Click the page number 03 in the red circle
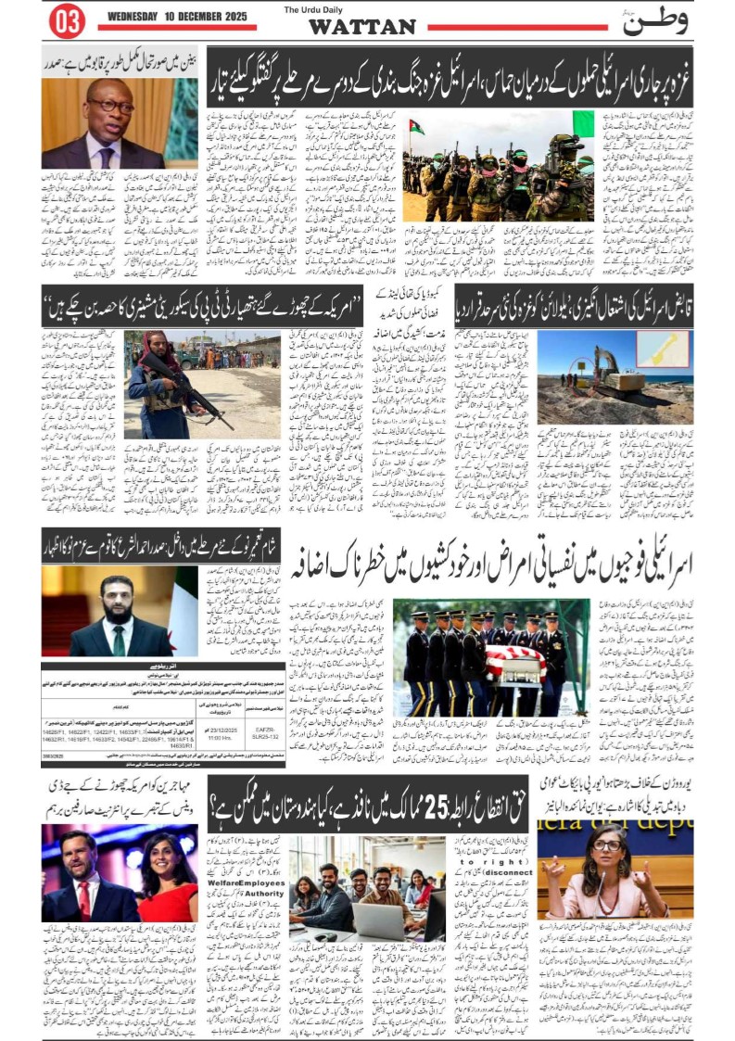(x=66, y=21)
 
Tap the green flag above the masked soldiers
(x=582, y=122)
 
